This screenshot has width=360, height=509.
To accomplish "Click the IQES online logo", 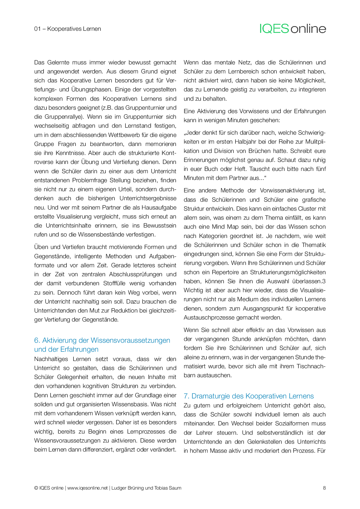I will (x=293, y=29).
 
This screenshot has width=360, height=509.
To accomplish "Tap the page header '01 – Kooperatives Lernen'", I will (x=68, y=29).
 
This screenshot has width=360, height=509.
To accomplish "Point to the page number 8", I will (x=324, y=488).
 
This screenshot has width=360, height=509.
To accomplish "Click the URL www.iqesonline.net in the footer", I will (x=87, y=488).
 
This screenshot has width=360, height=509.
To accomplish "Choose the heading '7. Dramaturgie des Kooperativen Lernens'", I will (x=249, y=396).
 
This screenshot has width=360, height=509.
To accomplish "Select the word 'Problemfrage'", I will (x=90, y=180).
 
